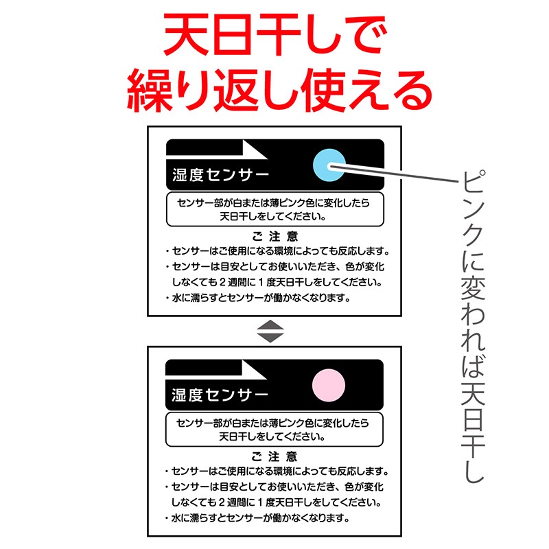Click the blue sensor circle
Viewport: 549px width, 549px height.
pos(329,165)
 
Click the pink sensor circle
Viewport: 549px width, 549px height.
pos(329,385)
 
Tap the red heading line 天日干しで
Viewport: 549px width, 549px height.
pos(275,35)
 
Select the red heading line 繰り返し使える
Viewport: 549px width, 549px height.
pos(279,91)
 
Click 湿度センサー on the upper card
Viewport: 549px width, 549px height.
pos(220,175)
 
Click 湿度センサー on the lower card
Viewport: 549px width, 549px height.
pos(220,395)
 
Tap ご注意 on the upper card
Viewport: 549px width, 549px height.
pos(275,237)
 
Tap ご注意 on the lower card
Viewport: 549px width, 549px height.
pos(274,456)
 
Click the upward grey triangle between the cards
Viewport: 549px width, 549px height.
pos(270,325)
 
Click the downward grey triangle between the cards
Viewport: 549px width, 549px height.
pos(270,338)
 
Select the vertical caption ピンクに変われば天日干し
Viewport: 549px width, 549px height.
pos(473,327)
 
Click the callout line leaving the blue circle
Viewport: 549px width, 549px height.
pos(394,174)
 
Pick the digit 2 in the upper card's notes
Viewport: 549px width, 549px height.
pos(223,282)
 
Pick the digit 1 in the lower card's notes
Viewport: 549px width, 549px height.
pos(260,502)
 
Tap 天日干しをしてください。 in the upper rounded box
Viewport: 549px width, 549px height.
pos(272,216)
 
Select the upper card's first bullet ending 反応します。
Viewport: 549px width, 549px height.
pos(277,251)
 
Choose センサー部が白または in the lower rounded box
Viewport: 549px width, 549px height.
pos(223,423)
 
